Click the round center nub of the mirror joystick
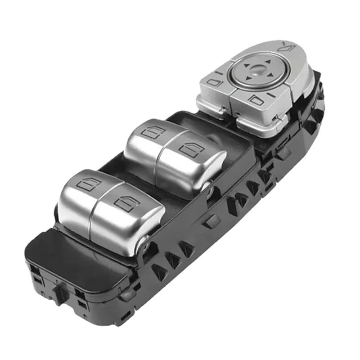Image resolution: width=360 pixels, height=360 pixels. pos(258,69)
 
